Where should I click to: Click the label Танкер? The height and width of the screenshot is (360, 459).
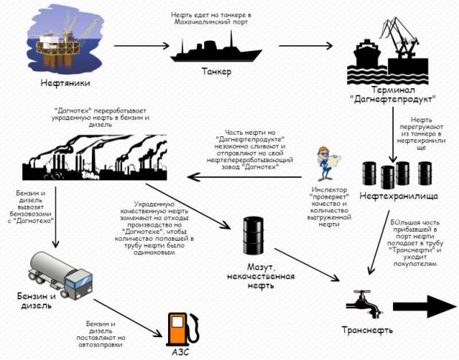[216, 73]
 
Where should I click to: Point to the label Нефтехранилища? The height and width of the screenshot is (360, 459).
[398, 196]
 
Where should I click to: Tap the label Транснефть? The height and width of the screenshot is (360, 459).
[366, 330]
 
